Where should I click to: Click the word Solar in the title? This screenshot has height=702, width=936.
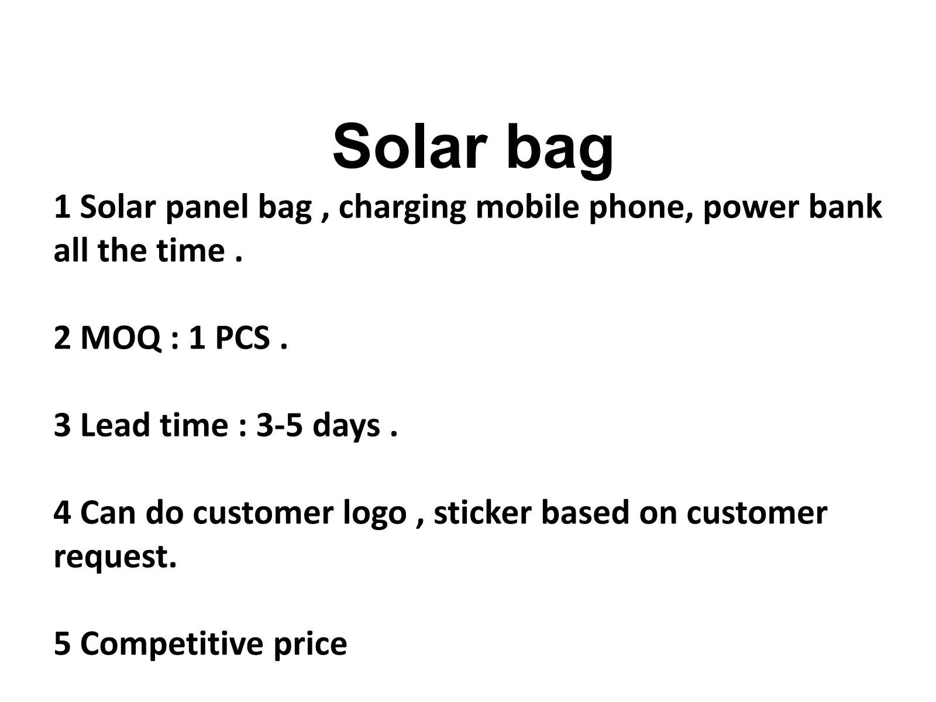409,146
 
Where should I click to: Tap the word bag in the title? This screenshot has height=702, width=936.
559,149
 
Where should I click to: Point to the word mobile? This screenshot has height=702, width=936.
528,207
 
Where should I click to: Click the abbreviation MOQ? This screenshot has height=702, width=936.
121,339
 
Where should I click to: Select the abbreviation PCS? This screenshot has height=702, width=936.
242,338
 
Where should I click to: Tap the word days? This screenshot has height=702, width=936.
346,426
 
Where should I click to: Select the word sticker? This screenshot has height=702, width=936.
483,513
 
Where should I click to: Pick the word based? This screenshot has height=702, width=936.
585,513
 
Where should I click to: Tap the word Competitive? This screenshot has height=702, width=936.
172,643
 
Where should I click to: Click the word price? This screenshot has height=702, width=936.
310,645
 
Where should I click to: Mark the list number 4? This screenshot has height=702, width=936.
62,513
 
